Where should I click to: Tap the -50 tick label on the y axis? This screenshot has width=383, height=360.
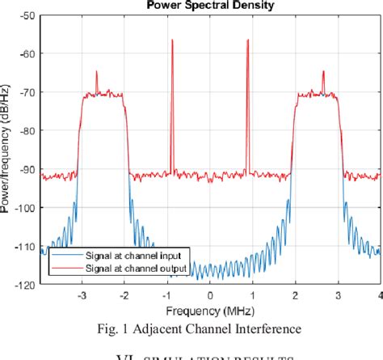28,16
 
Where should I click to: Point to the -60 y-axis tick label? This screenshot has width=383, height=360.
28,54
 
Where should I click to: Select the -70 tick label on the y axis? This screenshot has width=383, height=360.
28,92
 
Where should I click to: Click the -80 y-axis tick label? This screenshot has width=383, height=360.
28,131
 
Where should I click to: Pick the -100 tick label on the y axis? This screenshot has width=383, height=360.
27,208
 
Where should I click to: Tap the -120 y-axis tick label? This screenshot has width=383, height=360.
27,285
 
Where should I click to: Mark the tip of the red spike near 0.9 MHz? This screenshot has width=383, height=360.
248,39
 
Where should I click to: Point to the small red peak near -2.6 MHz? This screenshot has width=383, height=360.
97,71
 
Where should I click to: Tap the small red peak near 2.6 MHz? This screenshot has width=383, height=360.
323,71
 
